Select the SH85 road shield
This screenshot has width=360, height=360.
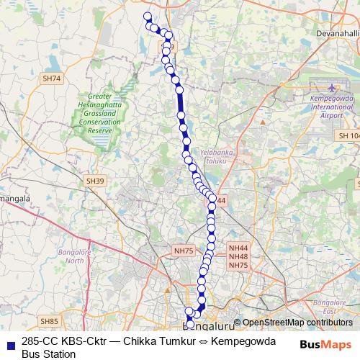[49, 321]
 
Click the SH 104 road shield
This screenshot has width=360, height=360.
[347, 135]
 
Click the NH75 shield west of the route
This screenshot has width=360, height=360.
[184, 251]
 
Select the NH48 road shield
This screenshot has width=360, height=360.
[238, 256]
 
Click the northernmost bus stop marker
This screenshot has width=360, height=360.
[148, 17]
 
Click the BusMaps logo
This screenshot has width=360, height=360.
[325, 344]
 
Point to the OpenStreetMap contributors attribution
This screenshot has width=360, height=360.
[297, 323]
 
